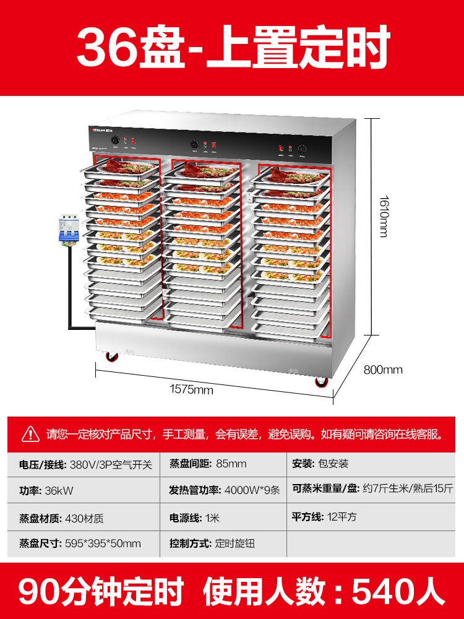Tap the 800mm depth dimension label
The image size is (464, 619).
383,370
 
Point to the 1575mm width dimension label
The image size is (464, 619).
192,390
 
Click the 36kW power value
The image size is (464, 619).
59,490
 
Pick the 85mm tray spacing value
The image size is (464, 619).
231,464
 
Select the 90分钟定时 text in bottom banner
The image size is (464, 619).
101,591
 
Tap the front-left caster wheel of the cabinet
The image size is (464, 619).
112,357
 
